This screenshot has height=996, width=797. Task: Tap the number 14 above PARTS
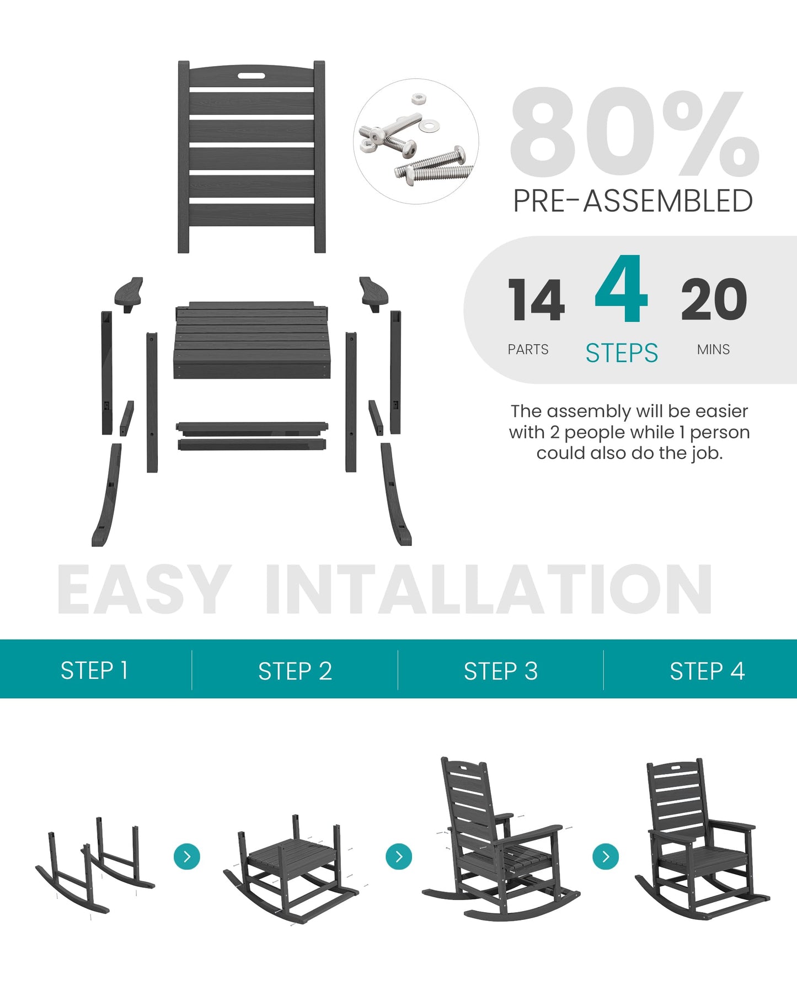pyautogui.click(x=536, y=300)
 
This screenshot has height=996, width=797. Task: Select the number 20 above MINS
pyautogui.click(x=714, y=300)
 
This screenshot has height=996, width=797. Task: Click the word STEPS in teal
pyautogui.click(x=622, y=353)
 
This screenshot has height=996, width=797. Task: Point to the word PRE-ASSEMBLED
pyautogui.click(x=633, y=201)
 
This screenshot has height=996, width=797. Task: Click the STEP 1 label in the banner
pyautogui.click(x=94, y=671)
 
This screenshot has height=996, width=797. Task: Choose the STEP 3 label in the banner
pyautogui.click(x=500, y=671)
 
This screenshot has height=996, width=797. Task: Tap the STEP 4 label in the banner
pyautogui.click(x=707, y=671)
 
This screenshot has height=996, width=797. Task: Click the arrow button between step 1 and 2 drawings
pyautogui.click(x=187, y=856)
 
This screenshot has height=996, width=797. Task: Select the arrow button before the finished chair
pyautogui.click(x=606, y=856)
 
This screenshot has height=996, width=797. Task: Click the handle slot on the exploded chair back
pyautogui.click(x=252, y=76)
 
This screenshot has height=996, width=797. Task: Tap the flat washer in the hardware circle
pyautogui.click(x=429, y=126)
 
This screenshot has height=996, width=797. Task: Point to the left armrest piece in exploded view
pyautogui.click(x=129, y=292)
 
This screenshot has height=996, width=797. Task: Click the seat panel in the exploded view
pyautogui.click(x=252, y=342)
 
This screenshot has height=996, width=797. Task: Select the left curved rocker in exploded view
pyautogui.click(x=108, y=496)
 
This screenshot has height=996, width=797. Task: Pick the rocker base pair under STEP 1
pyautogui.click(x=94, y=866)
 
